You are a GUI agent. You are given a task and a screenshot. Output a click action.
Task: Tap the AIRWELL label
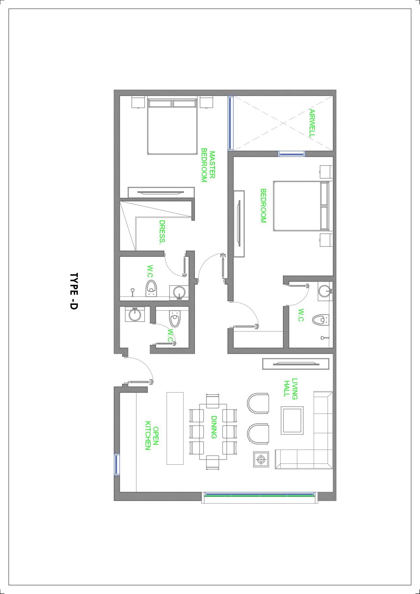[x=312, y=123]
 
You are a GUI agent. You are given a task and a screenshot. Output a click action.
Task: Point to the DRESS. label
[x=162, y=232]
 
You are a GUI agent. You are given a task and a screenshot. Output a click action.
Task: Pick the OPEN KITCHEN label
[x=152, y=436]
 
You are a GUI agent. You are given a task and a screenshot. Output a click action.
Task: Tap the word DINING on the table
[x=214, y=427]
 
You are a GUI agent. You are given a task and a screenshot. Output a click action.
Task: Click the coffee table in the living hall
[x=292, y=420]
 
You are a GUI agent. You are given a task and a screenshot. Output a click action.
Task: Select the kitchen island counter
[x=175, y=428]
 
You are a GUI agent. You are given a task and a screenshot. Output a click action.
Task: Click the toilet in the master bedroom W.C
[x=151, y=288]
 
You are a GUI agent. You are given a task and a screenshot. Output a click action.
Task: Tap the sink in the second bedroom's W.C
[x=325, y=291]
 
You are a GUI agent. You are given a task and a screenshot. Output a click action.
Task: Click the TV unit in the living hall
[x=296, y=364]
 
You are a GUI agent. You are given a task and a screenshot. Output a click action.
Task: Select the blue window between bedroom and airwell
[x=292, y=154]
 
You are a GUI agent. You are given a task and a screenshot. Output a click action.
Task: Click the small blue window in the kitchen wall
[x=117, y=464]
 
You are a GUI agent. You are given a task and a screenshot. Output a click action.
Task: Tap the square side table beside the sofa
[x=261, y=459]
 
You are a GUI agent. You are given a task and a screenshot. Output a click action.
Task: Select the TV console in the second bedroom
[x=239, y=224]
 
